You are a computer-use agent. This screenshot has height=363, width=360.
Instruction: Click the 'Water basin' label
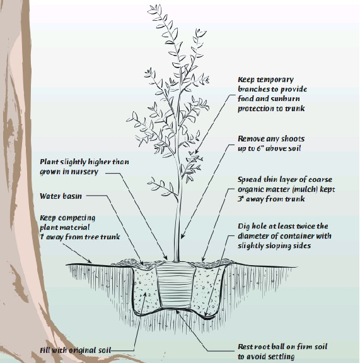(x=61, y=196)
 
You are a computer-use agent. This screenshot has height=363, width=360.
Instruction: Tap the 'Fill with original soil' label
(x=76, y=350)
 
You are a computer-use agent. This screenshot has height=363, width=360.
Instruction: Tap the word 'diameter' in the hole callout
(x=252, y=236)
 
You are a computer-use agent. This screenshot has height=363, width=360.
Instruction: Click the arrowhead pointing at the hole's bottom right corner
(x=206, y=314)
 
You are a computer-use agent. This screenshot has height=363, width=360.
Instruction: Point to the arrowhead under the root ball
(x=178, y=312)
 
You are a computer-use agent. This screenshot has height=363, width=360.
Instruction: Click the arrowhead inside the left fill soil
(x=145, y=294)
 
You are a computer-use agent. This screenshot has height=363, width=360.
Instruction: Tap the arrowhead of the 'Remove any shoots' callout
(x=183, y=236)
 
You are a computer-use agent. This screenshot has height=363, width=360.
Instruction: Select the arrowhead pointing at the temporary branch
(x=196, y=152)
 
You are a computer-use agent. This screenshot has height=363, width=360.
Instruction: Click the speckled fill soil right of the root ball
(x=206, y=289)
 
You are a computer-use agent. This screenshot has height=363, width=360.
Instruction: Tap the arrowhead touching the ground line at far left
(x=89, y=261)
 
